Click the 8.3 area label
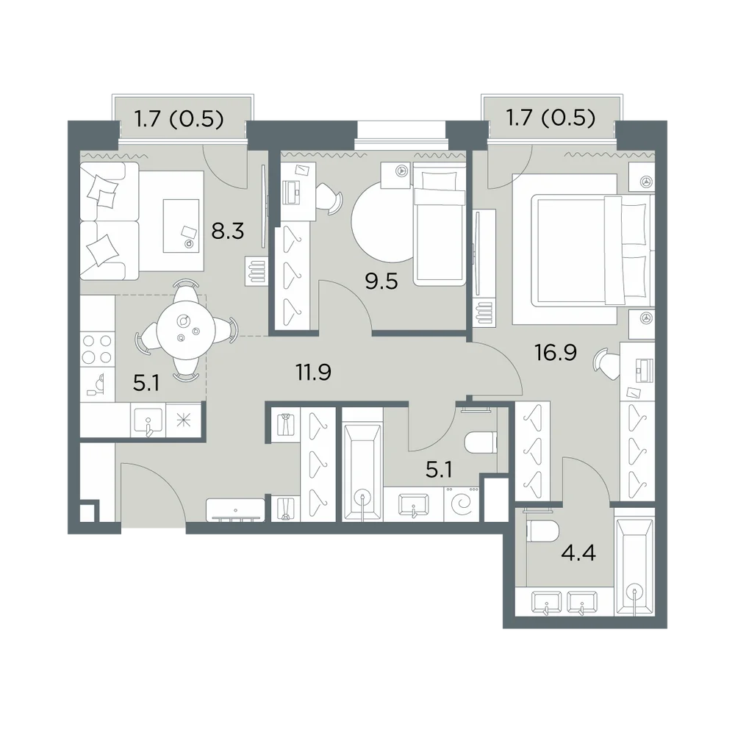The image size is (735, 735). pyautogui.click(x=228, y=231)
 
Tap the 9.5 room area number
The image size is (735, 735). pyautogui.click(x=381, y=282)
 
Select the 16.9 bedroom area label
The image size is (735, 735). pyautogui.click(x=556, y=353)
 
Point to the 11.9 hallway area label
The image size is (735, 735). pyautogui.click(x=313, y=372)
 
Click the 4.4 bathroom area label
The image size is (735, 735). pyautogui.click(x=578, y=553)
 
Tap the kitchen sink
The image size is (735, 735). pyautogui.click(x=148, y=420)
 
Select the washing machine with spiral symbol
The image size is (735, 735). pyautogui.click(x=462, y=504)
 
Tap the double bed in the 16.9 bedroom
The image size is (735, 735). pyautogui.click(x=592, y=251)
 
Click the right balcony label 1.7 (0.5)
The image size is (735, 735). pyautogui.click(x=551, y=118)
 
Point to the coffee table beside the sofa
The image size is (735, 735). pyautogui.click(x=181, y=226)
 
